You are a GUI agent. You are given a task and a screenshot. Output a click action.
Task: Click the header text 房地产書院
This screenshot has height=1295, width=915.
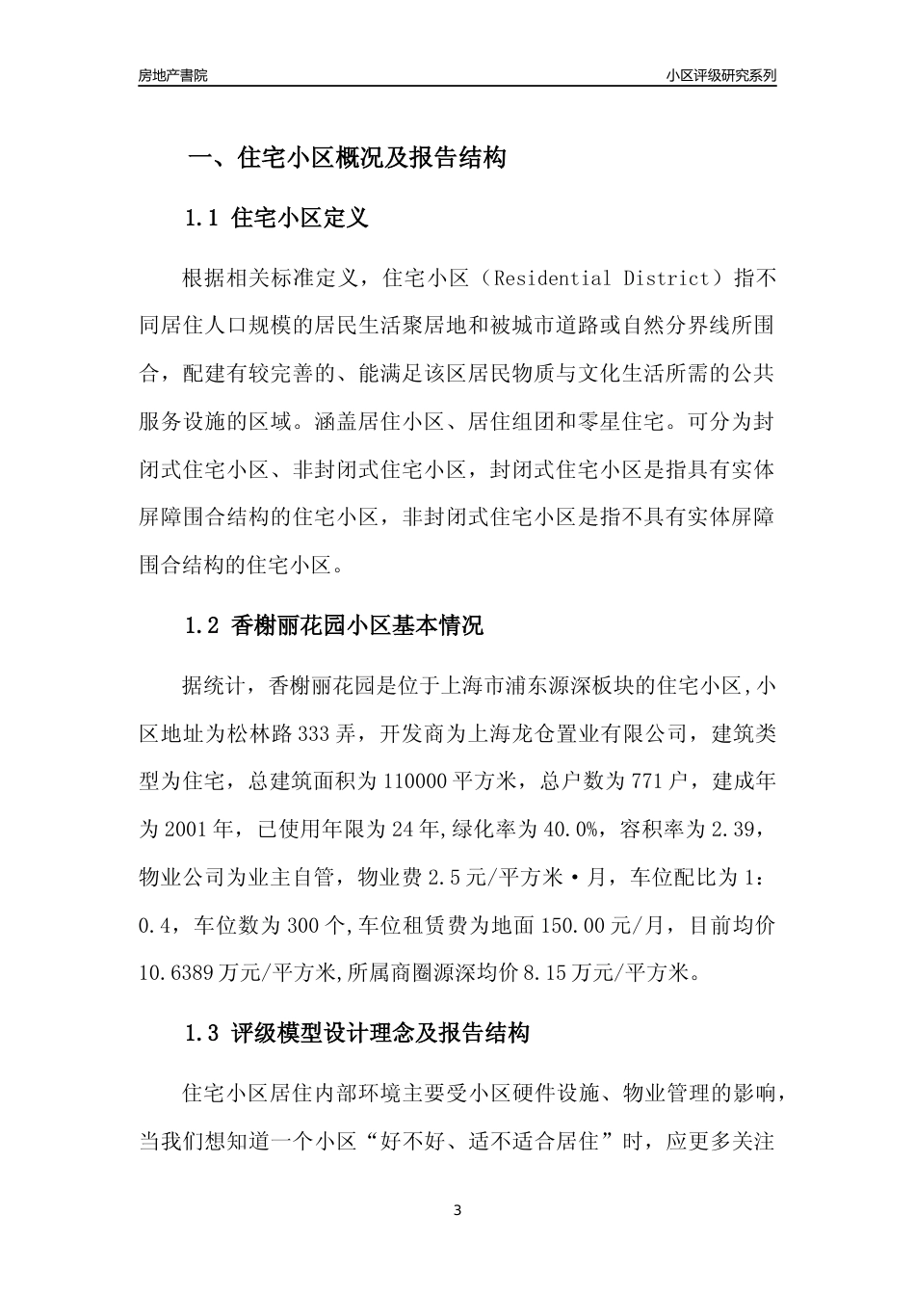click(x=172, y=75)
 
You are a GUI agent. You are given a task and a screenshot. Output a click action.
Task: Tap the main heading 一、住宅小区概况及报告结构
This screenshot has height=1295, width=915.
click(x=346, y=159)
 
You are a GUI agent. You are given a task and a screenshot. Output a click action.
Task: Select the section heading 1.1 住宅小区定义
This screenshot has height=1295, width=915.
click(x=276, y=218)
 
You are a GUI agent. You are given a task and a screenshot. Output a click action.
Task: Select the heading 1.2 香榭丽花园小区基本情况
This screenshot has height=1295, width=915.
click(x=333, y=626)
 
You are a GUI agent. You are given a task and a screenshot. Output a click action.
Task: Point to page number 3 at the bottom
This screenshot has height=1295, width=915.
click(x=457, y=1210)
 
